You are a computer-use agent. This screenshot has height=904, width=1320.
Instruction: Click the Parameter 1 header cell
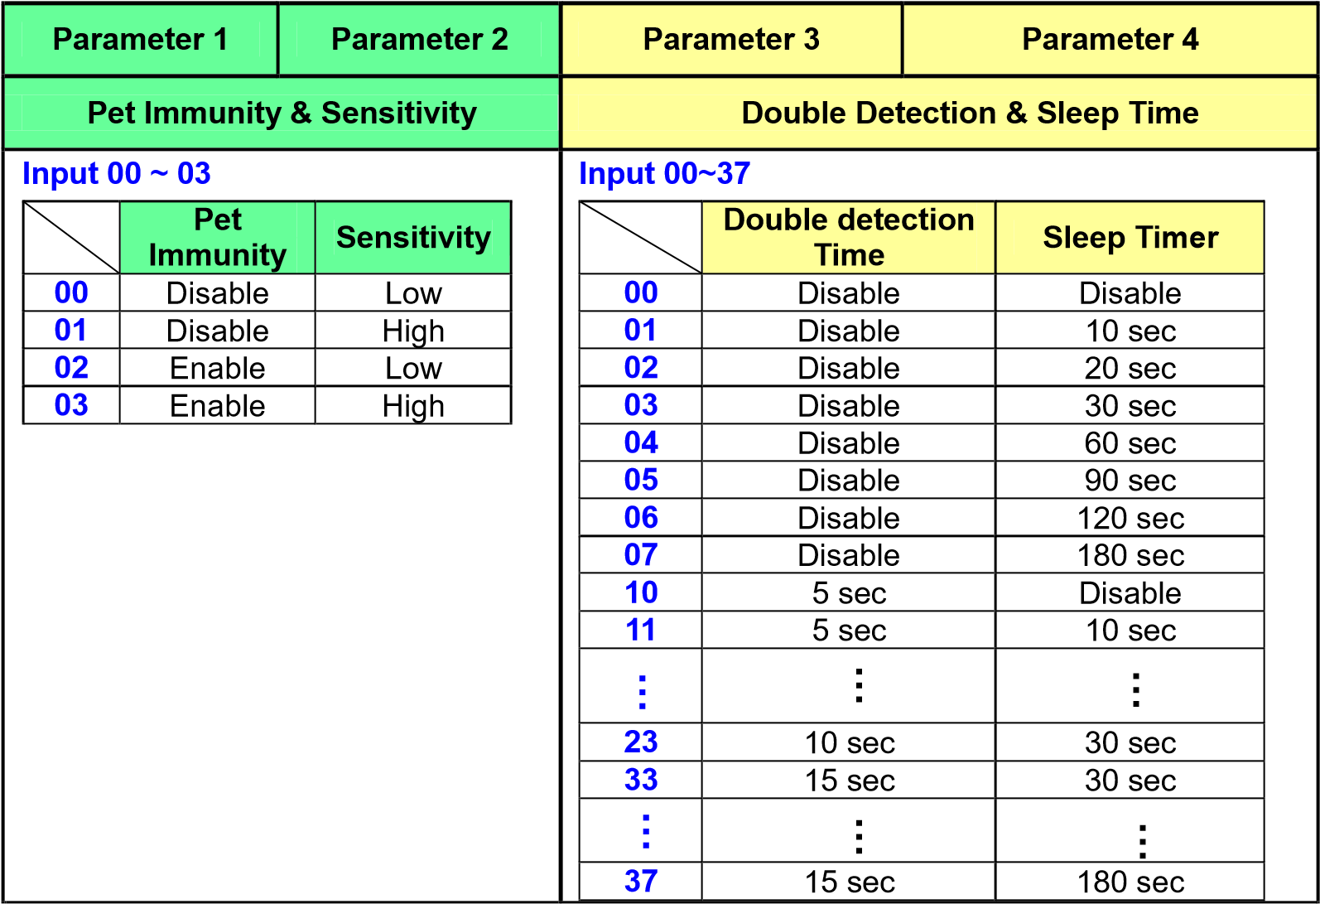140,40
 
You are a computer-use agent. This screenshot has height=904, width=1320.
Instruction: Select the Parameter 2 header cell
419,40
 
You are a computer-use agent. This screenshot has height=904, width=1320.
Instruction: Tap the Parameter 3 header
731,40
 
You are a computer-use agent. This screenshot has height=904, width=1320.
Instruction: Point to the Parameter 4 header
1110,40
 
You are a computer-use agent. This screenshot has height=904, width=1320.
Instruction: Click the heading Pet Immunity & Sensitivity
282,113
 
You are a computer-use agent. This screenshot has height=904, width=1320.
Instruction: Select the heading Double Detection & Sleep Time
970,113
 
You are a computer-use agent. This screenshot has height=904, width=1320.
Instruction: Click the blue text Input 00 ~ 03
117,173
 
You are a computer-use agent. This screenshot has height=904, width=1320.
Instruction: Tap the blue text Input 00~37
665,173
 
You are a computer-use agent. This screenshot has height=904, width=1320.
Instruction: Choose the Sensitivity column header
413,238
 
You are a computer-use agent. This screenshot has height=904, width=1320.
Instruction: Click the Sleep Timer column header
1130,238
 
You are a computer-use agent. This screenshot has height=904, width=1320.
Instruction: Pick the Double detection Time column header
849,238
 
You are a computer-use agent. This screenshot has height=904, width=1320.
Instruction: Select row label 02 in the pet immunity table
71,367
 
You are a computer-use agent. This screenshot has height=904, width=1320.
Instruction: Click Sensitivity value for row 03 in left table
413,406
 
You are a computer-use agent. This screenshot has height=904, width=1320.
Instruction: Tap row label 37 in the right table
641,881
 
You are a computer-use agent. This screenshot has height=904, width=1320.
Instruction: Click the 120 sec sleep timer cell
1130,519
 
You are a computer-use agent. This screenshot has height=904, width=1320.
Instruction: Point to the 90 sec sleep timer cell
1130,481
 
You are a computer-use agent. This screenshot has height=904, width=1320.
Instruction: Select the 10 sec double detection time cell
849,742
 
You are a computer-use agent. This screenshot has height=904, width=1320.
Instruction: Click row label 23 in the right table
641,742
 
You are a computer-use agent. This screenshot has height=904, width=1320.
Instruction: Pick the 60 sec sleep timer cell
1130,442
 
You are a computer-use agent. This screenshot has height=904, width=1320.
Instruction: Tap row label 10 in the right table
641,592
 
